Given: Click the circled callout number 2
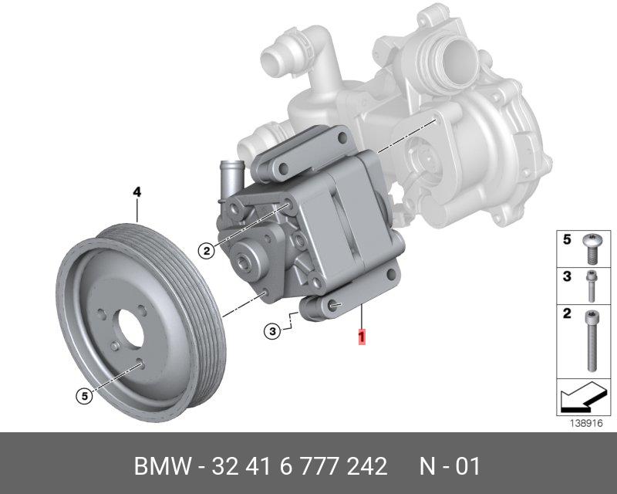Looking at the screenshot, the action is click(x=207, y=250).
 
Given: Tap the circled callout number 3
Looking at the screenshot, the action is click(x=272, y=331).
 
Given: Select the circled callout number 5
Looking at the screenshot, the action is click(x=85, y=396).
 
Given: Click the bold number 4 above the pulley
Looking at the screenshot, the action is click(x=137, y=192).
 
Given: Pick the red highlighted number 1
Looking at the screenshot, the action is click(x=361, y=337).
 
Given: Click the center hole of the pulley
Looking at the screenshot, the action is click(x=130, y=328).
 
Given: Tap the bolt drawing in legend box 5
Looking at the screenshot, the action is click(x=592, y=249).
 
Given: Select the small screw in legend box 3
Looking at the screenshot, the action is click(x=591, y=286).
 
